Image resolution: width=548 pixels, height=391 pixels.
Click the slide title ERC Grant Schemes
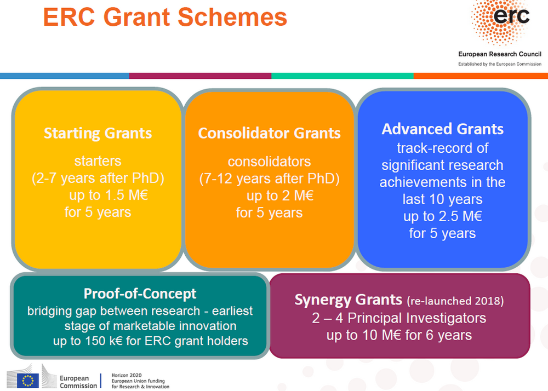pyautogui.click(x=165, y=18)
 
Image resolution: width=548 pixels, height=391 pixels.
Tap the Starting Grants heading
pyautogui.click(x=98, y=133)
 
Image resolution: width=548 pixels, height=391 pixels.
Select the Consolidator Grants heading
pyautogui.click(x=269, y=133)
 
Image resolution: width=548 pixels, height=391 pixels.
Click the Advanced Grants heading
pyautogui.click(x=442, y=129)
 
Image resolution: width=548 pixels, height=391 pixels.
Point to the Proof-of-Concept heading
pyautogui.click(x=140, y=294)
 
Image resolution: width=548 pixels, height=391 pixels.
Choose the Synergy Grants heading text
pyautogui.click(x=348, y=300)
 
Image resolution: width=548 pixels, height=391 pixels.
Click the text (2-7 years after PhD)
pyautogui.click(x=98, y=179)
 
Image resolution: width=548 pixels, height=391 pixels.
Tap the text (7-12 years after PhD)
pyautogui.click(x=269, y=179)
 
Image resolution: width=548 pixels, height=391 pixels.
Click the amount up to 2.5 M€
pyautogui.click(x=442, y=216)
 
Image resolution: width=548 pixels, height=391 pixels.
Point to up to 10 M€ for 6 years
pyautogui.click(x=399, y=335)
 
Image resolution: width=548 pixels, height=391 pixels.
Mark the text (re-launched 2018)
pyautogui.click(x=455, y=301)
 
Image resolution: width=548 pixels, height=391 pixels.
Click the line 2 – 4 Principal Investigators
pyautogui.click(x=399, y=318)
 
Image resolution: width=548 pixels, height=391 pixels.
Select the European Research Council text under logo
pyautogui.click(x=500, y=54)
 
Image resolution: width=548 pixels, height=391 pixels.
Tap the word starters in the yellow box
pyautogui.click(x=98, y=162)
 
